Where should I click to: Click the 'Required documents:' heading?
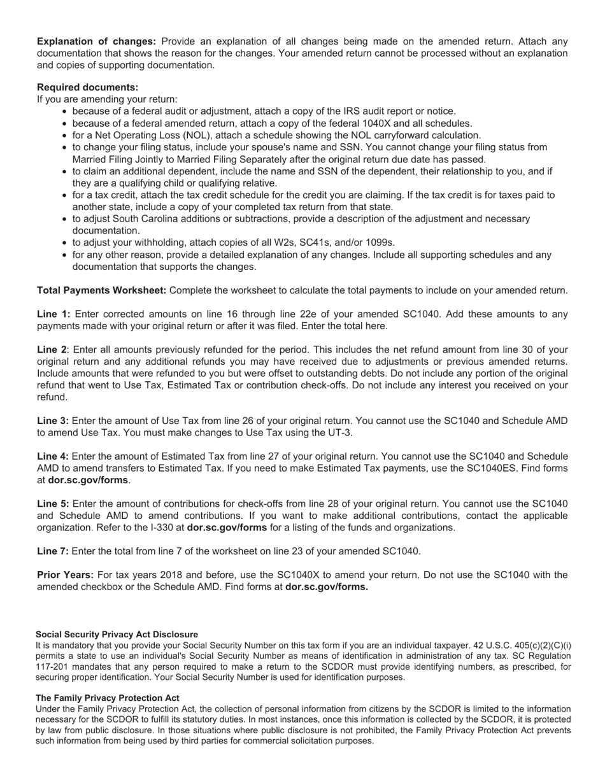coord(87,87)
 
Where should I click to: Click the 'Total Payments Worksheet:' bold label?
coord(101,290)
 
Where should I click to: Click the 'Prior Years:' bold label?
coord(65,575)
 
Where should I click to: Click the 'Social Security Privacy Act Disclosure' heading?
coord(117,635)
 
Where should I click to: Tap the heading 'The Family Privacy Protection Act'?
coord(107,698)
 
